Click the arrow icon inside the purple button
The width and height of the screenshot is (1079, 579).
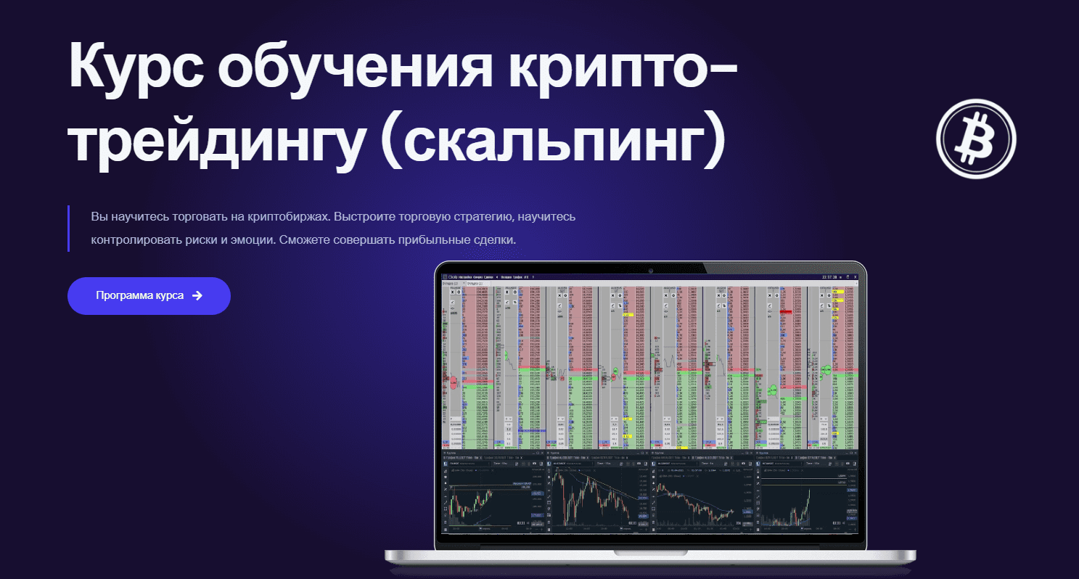pos(197,296)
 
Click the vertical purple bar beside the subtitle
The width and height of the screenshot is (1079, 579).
pos(68,228)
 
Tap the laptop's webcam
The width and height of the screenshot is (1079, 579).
pos(651,271)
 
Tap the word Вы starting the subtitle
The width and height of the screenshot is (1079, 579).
pos(99,217)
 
